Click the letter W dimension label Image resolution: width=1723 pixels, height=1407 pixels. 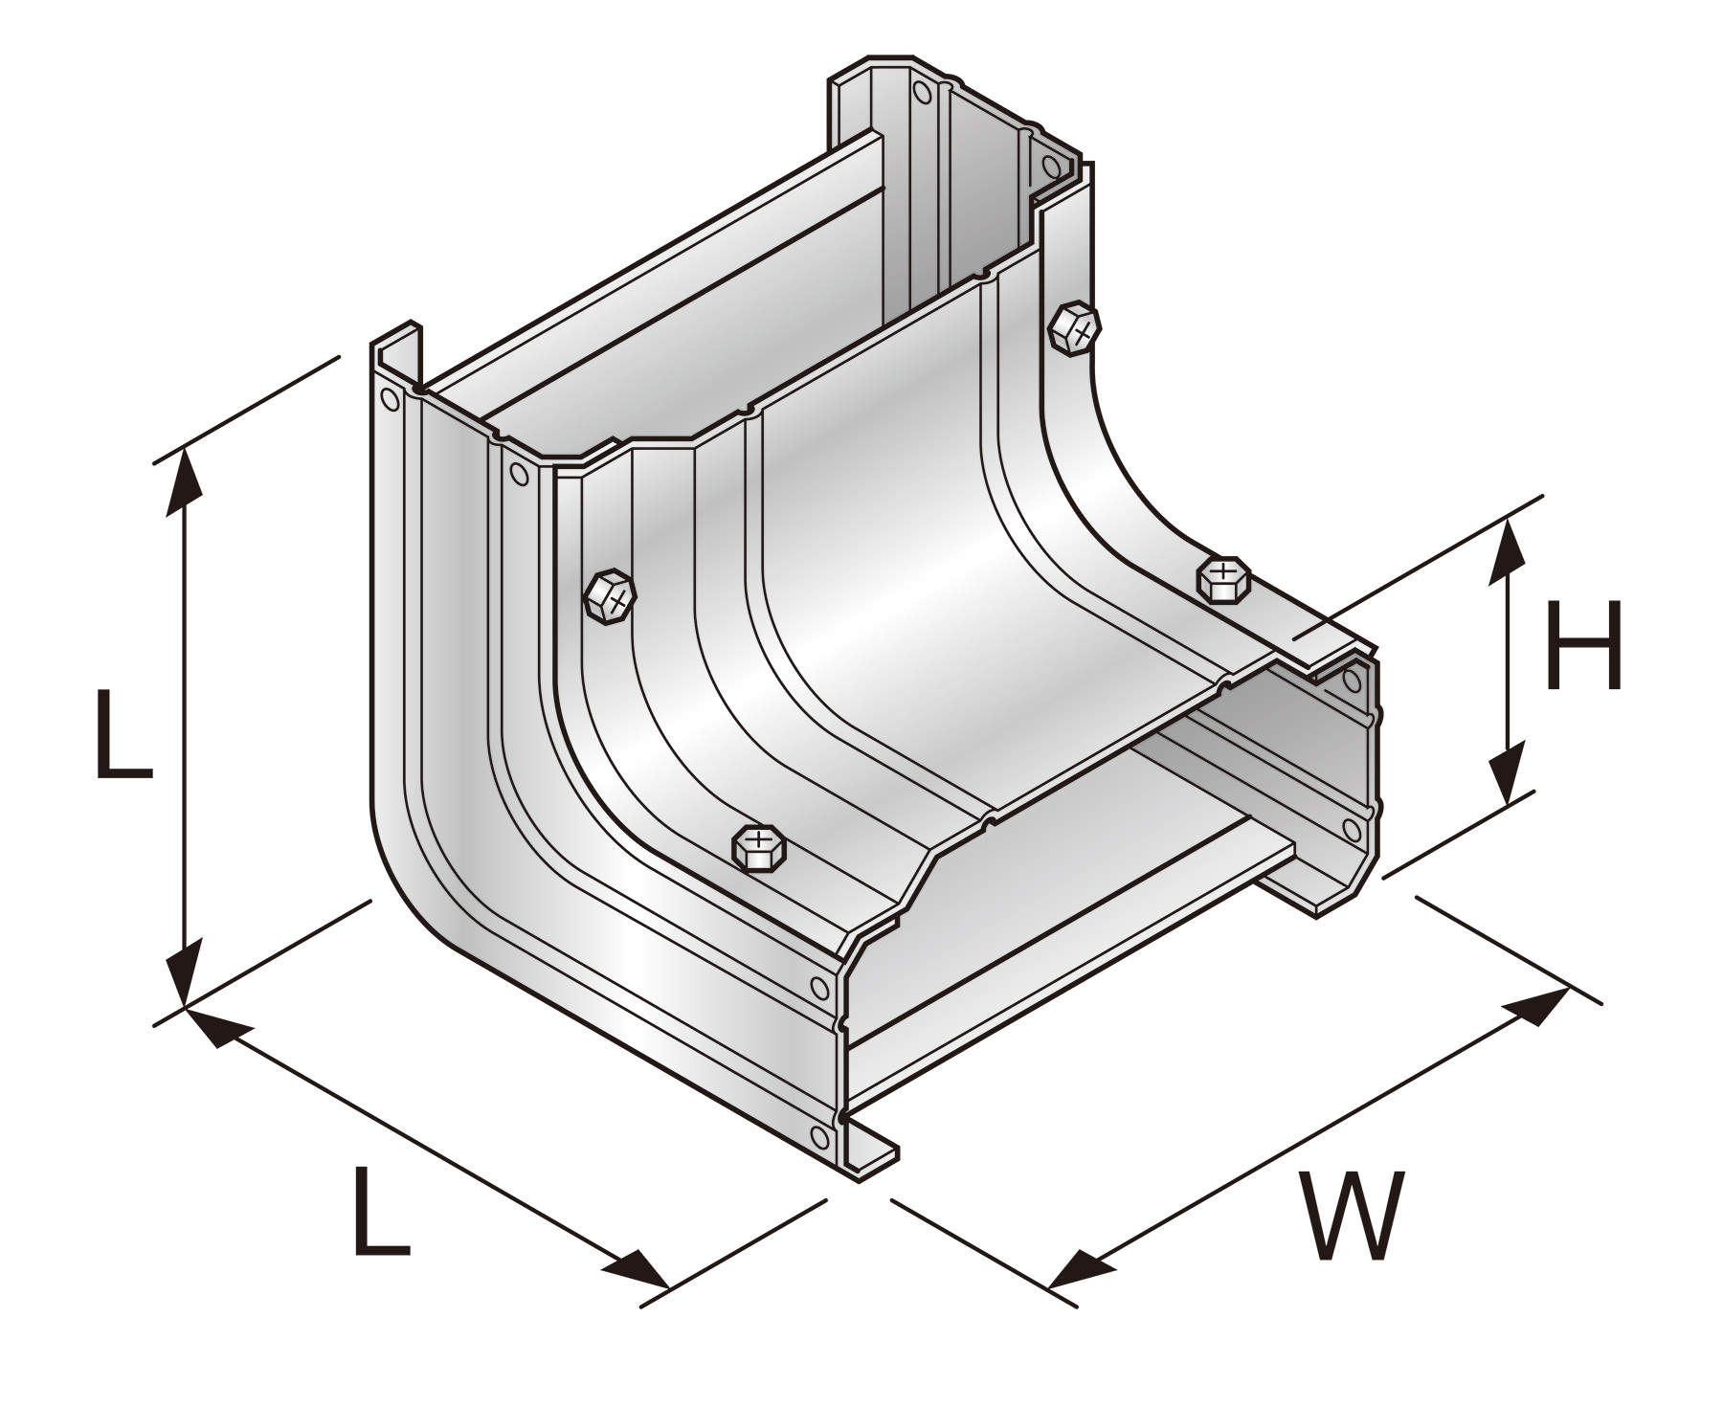pos(1351,1216)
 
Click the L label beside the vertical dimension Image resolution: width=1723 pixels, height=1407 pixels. pos(123,734)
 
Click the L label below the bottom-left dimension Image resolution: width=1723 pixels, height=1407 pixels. pos(381,1210)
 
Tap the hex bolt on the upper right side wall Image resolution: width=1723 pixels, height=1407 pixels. pos(1074,330)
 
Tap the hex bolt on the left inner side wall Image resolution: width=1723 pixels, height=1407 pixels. pos(610,597)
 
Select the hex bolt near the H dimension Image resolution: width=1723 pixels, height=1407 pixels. pos(1223,578)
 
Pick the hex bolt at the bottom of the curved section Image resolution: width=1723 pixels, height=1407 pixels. pos(759,846)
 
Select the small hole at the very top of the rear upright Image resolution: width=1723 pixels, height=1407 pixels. pos(922,92)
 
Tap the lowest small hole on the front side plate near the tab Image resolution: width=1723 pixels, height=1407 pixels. pos(819,1136)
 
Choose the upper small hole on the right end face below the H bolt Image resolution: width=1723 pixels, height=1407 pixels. pos(1352,681)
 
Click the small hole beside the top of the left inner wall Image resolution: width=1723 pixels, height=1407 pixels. pos(519,474)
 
